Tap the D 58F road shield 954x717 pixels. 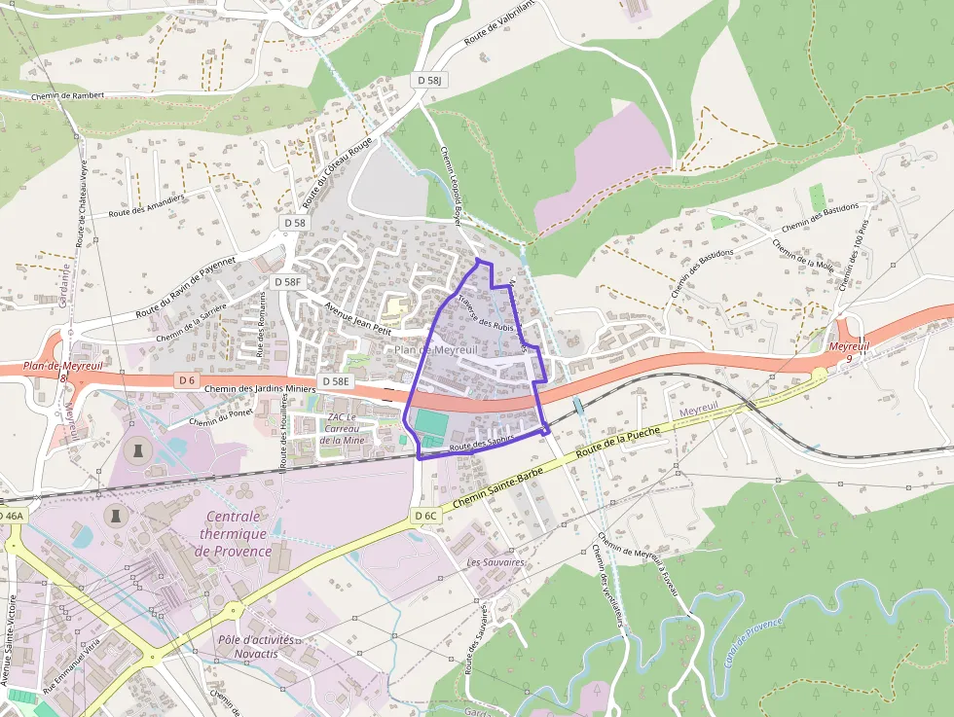coord(289,281)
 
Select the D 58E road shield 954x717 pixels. coord(334,380)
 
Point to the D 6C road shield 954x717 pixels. coord(425,515)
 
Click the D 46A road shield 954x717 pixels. coord(11,515)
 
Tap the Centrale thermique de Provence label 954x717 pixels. coord(235,533)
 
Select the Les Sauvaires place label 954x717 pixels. coord(495,562)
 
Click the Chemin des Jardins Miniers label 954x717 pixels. coord(261,389)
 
